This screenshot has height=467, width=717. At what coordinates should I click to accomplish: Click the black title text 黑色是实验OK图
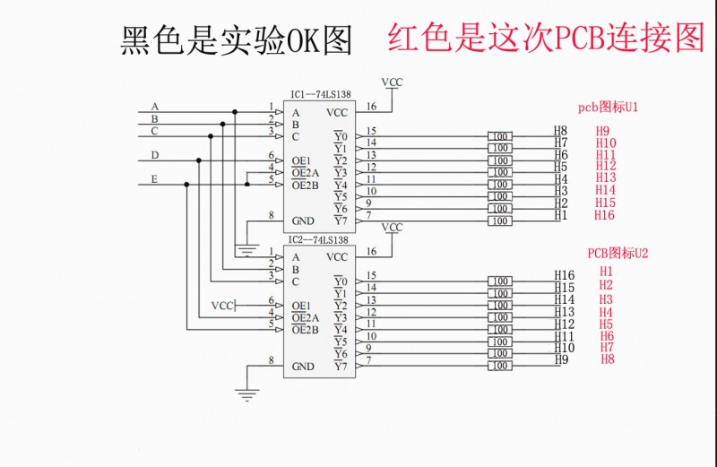pos(236,39)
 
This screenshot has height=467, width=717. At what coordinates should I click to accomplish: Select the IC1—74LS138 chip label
pos(320,94)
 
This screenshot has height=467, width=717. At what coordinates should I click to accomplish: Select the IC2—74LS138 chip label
pos(320,240)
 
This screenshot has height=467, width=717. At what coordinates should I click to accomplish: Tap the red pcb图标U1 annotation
pos(607,107)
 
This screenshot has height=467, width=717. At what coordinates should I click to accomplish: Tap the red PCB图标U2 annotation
pos(618,253)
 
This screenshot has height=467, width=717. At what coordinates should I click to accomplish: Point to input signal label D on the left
pos(155,155)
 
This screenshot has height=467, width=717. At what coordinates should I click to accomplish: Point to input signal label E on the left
pos(155,179)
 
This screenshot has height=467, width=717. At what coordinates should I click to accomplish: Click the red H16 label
pos(605,215)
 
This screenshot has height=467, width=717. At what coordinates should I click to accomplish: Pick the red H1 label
pos(607,271)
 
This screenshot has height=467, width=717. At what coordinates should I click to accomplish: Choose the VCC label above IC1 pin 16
pos(392,82)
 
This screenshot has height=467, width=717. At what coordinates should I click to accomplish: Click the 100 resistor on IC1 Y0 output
pos(499,136)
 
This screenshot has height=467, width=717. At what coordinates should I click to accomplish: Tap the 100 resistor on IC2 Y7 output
pos(499,366)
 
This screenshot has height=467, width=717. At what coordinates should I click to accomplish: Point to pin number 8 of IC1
pos(272,215)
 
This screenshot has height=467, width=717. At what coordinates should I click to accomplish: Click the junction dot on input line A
pos(235,112)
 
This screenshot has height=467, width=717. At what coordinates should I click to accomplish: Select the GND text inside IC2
pos(304,367)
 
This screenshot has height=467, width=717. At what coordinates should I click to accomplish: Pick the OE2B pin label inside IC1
pos(306,185)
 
